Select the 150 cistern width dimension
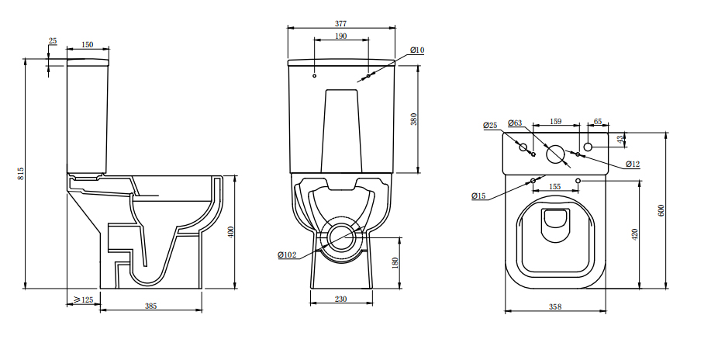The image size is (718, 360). coord(88,45)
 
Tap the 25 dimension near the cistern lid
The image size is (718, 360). coord(52,40)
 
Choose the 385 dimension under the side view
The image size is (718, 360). coord(150,306)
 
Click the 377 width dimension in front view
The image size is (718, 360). coord(341,22)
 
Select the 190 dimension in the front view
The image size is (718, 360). coord(341,36)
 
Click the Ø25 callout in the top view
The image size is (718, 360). coord(489,125)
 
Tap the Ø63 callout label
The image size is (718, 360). coord(515,123)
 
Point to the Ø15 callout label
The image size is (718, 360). coord(478,196)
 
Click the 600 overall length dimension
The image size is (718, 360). coord(661,209)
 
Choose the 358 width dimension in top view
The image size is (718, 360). coord(554,307)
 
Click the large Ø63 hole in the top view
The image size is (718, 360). coord(555,154)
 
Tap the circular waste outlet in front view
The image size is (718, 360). coord(341,237)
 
